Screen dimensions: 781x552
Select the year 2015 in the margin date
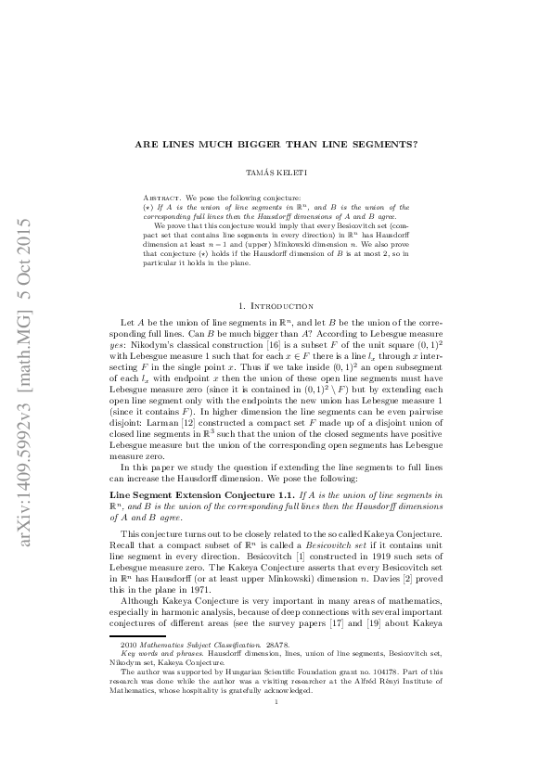[x=25, y=238]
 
